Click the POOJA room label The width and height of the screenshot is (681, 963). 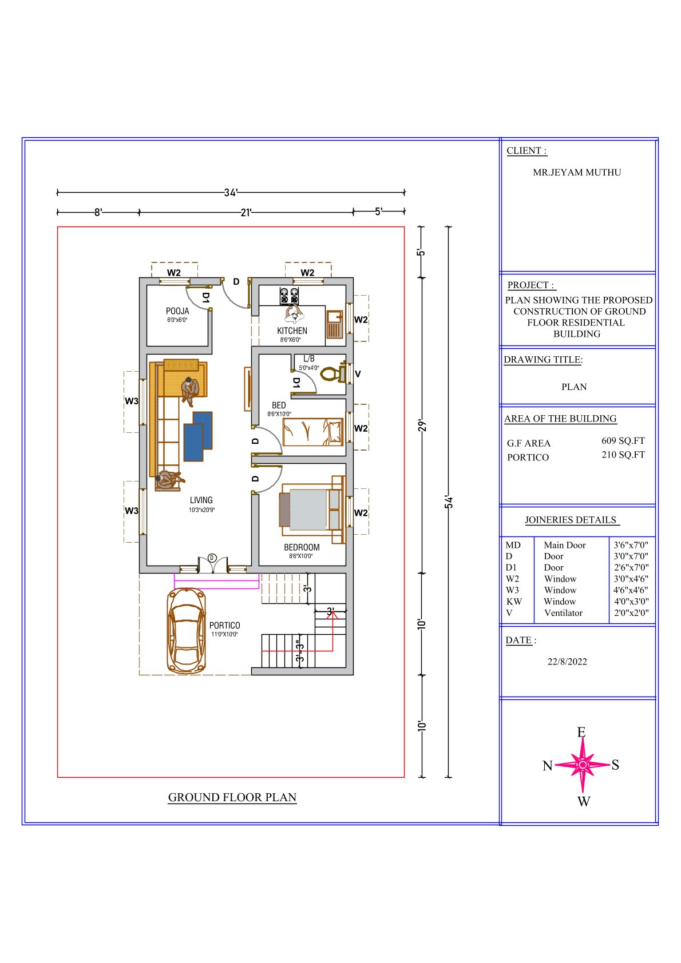coord(177,311)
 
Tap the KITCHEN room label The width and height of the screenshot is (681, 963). coord(292,331)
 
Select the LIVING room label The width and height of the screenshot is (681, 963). coord(201,500)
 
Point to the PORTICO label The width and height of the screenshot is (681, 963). coord(224,625)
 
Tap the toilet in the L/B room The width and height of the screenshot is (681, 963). coord(332,373)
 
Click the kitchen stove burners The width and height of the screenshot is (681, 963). coord(289,296)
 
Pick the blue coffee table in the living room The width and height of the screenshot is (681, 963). coord(198,436)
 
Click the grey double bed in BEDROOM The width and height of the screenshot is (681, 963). coord(312,510)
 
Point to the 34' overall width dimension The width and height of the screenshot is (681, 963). coord(231,192)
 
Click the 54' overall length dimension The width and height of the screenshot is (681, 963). coord(449,502)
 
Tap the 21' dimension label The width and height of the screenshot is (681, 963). coord(246,212)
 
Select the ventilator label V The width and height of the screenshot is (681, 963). coord(358,374)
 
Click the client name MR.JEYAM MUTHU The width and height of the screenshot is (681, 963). coord(577,172)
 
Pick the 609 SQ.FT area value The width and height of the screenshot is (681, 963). coord(623,441)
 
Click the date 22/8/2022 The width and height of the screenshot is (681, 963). coord(567,662)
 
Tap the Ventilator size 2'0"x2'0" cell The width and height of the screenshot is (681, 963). coord(631,612)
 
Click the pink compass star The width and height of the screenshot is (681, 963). coord(583,765)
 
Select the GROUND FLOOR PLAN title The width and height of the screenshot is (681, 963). coord(232,797)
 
